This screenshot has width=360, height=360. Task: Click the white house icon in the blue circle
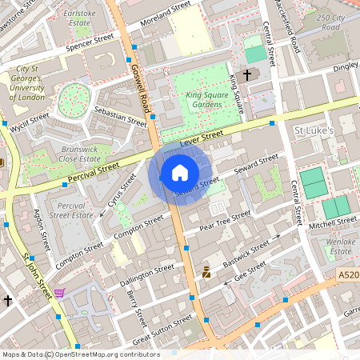pos(180,173)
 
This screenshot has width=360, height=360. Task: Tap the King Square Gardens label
pos(203,100)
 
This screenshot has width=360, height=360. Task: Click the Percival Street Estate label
pos(67,210)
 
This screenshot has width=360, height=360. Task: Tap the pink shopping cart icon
pos(58,293)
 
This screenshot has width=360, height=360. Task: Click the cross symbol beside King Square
pos(247,75)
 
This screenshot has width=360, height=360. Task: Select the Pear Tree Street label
pos(226,220)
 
